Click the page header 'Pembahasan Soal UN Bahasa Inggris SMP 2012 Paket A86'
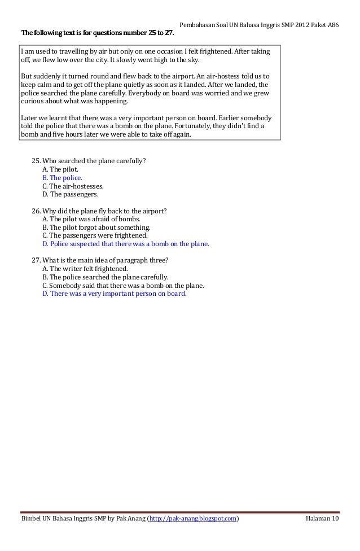(258, 12)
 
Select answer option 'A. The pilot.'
(60, 169)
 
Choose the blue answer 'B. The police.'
(62, 177)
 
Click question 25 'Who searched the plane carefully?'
(89, 160)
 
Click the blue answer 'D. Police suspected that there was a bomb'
(125, 244)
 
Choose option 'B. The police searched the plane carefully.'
(105, 277)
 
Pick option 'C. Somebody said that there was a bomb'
(123, 286)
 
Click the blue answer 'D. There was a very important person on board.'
(114, 294)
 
